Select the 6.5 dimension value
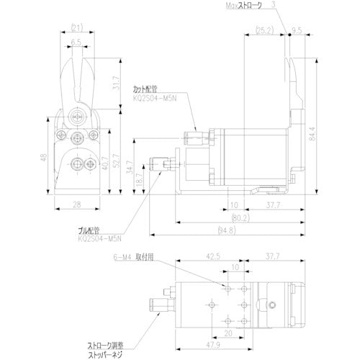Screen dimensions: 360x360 click(x=76, y=42)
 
